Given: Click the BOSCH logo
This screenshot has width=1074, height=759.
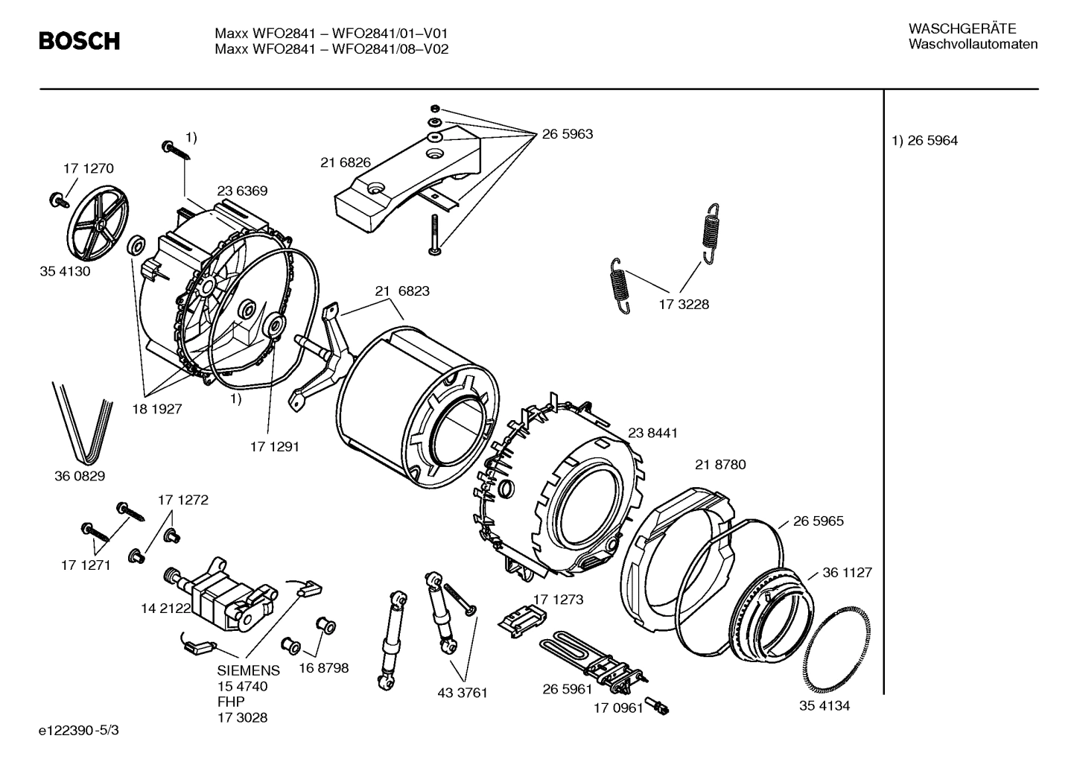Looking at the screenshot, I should point(79,41).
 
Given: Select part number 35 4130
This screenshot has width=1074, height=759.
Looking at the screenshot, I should point(65,271).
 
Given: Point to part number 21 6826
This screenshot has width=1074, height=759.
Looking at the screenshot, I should point(346,162).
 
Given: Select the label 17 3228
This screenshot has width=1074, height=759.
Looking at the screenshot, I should point(684,304).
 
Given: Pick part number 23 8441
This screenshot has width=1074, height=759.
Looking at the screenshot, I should point(652,433).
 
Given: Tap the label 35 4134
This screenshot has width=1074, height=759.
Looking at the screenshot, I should point(824,705).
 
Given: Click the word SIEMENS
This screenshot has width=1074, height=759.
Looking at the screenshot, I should point(249,670).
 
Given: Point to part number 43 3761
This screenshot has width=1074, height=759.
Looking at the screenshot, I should point(462,693).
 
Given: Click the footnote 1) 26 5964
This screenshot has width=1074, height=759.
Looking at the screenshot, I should point(925,141).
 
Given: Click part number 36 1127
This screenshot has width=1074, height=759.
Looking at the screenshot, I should point(847,573).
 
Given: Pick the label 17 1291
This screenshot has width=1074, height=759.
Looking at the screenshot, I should point(274,447).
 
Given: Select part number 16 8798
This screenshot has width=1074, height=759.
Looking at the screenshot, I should point(323,668).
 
